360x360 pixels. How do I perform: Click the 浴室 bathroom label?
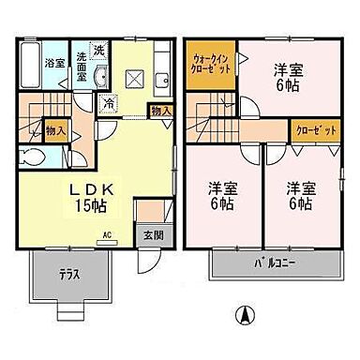click(x=53, y=63)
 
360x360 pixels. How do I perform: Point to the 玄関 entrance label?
click(x=151, y=235)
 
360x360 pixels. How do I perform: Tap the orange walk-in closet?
click(x=208, y=67)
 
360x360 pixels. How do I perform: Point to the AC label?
click(x=107, y=234)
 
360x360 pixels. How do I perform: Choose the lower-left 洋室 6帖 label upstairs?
click(x=223, y=194)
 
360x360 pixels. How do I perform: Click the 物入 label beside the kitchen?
click(x=160, y=111)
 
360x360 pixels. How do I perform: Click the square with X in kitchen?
click(x=134, y=78)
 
